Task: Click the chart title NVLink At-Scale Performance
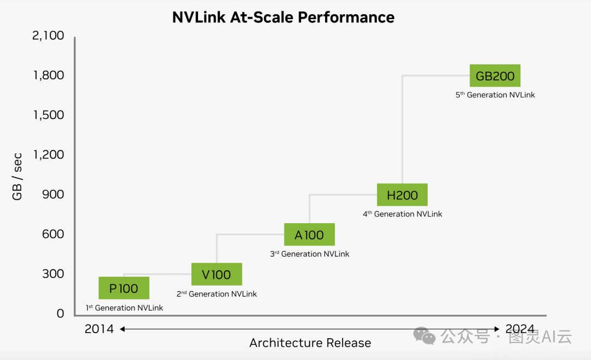[283, 17]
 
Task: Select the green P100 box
[124, 288]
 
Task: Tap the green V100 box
[216, 274]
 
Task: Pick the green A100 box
[309, 235]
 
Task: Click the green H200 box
[402, 195]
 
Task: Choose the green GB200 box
[495, 76]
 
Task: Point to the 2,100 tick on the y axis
[48, 36]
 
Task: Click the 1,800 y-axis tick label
[49, 76]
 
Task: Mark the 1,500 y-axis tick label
[49, 115]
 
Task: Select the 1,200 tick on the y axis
[49, 155]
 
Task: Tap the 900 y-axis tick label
[53, 194]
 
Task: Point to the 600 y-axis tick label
[53, 234]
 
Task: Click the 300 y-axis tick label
[53, 274]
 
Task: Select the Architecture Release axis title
[310, 343]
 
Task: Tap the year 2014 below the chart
[99, 329]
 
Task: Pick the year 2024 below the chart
[520, 329]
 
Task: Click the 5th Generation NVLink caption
[495, 95]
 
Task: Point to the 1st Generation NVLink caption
[124, 308]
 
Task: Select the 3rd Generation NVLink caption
[309, 254]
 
